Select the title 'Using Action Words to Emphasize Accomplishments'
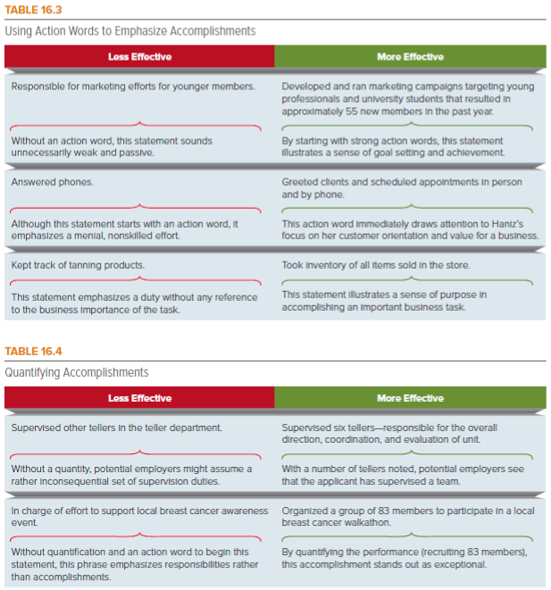click(130, 30)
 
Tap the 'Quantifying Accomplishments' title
click(77, 372)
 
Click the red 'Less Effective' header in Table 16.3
click(139, 56)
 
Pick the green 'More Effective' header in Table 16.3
click(410, 56)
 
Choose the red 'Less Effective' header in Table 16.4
click(139, 398)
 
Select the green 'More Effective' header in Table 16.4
click(410, 398)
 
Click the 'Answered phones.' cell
click(52, 182)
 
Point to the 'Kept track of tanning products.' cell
click(78, 265)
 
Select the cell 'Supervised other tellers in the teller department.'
click(116, 428)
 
